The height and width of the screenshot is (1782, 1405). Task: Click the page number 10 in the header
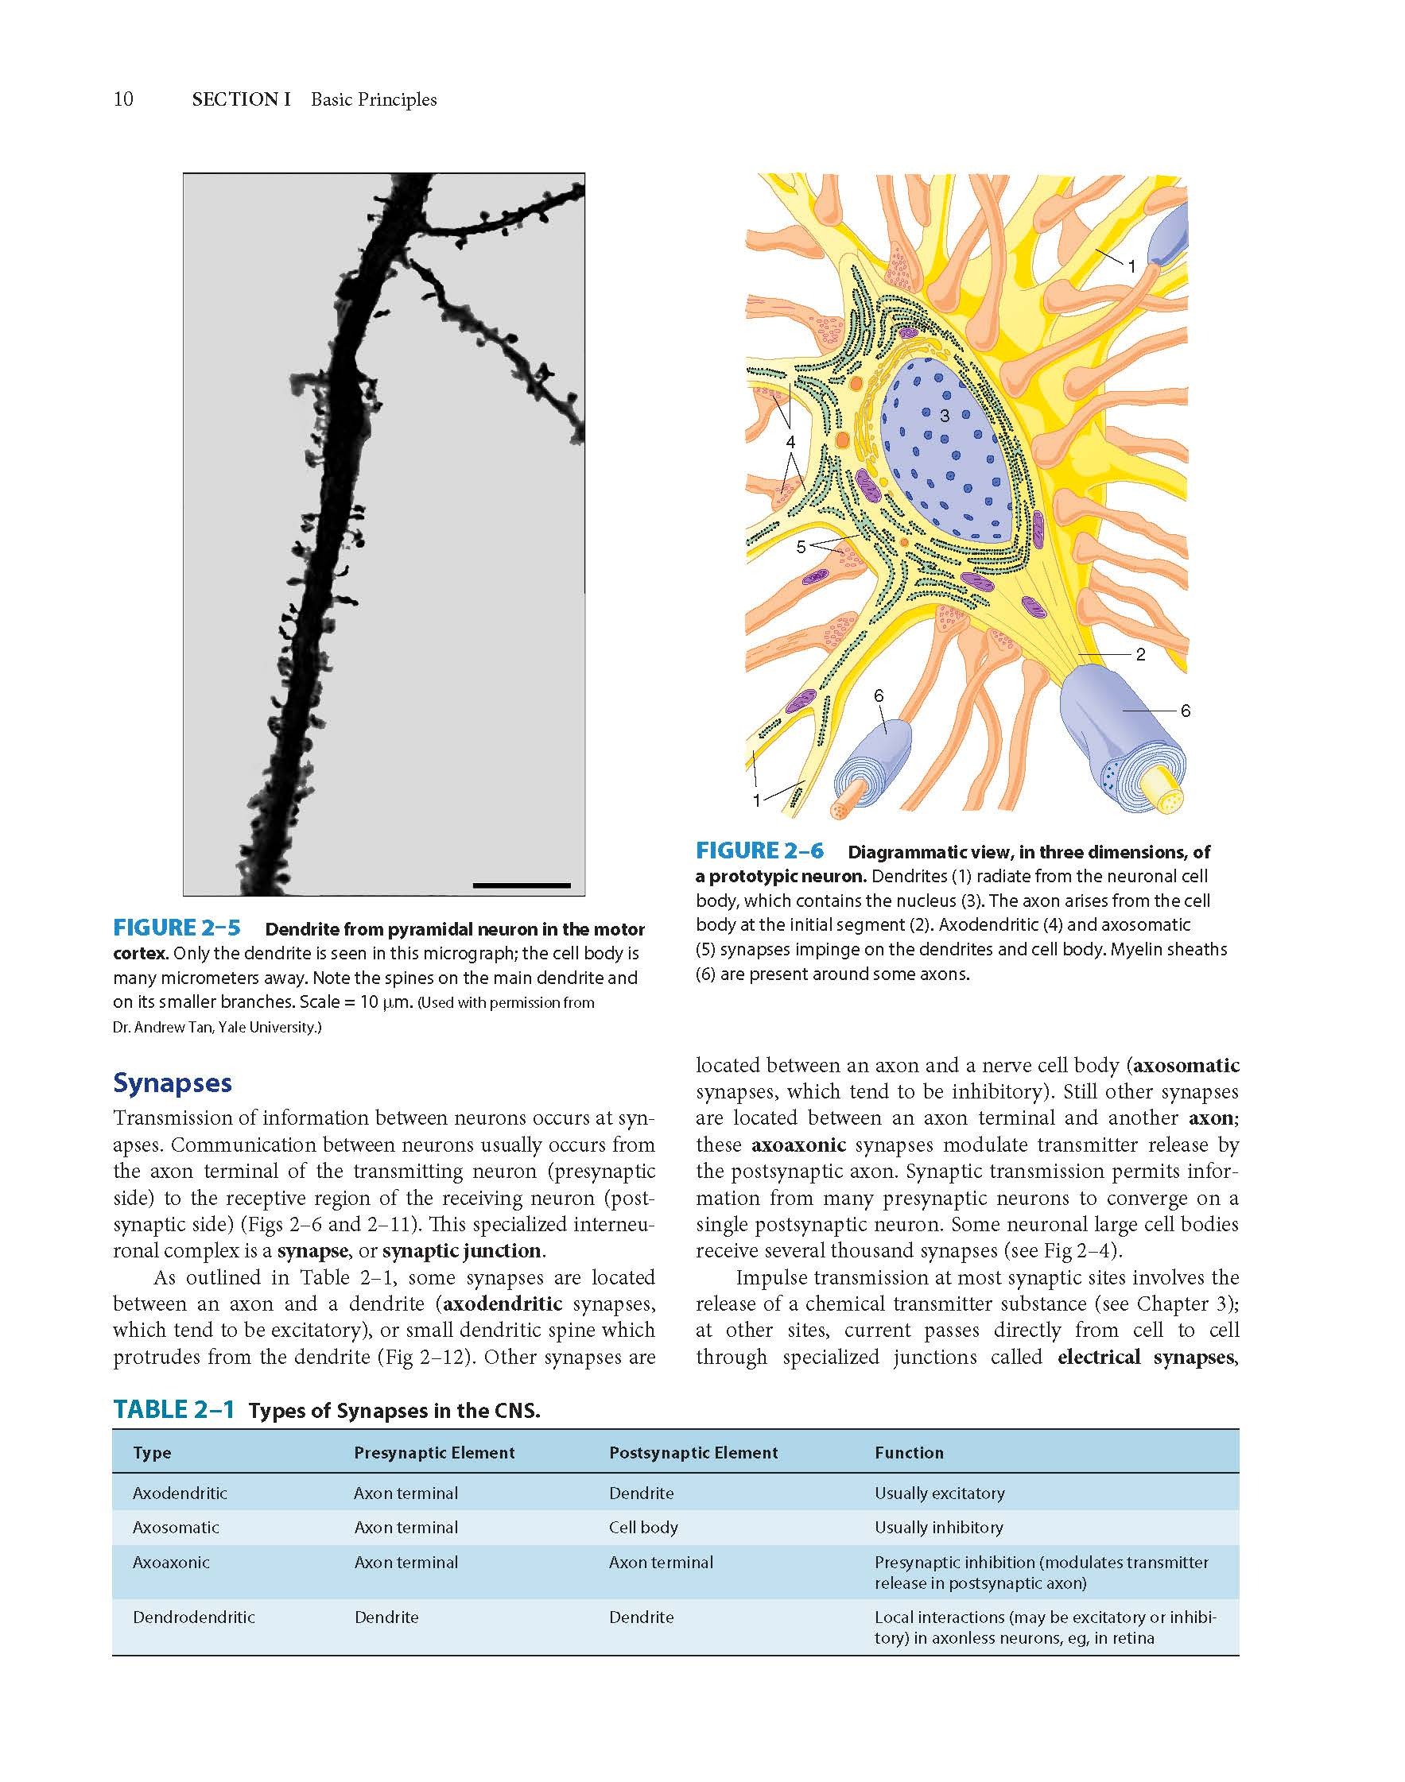122,99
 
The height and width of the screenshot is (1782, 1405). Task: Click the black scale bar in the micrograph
522,885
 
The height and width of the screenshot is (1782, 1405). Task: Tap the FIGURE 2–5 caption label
176,928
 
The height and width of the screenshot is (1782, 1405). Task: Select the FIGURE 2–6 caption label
759,851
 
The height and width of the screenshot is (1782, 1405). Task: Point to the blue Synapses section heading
172,1083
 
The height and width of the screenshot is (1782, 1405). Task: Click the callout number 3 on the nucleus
945,416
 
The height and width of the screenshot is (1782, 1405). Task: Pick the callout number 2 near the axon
1140,655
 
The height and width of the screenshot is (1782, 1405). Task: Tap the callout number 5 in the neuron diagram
801,547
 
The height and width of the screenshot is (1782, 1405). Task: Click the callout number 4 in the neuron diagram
790,443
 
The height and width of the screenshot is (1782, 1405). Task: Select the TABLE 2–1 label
173,1409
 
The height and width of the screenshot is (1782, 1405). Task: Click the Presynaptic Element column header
434,1453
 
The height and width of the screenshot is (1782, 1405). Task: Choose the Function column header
909,1453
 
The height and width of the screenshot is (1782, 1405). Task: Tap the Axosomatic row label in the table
176,1527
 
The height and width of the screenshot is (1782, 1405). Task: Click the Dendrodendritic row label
194,1617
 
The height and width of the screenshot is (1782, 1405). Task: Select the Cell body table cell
643,1527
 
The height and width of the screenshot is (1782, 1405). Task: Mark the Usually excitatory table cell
939,1493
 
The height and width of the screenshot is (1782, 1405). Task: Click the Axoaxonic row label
171,1562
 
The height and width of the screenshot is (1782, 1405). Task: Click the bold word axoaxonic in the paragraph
799,1145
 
